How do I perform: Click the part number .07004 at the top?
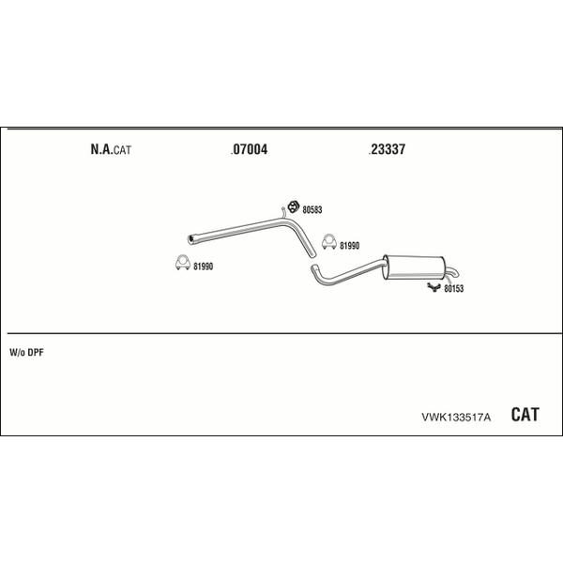[x=250, y=149]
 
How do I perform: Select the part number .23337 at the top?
[x=387, y=149]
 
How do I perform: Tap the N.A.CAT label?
[x=111, y=149]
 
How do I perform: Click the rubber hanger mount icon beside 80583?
[x=294, y=206]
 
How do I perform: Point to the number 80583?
[x=312, y=209]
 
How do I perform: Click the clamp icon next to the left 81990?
[x=183, y=263]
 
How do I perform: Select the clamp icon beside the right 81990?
[x=329, y=242]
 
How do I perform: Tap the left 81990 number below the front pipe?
[x=204, y=266]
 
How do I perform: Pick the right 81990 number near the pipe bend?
[x=349, y=246]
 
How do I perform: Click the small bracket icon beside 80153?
[x=434, y=287]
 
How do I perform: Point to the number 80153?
[x=454, y=289]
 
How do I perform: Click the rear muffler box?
[x=414, y=267]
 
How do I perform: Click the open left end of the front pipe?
[x=190, y=240]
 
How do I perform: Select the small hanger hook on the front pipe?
[x=283, y=212]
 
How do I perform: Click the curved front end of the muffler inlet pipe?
[x=313, y=267]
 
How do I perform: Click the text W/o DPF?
[x=26, y=353]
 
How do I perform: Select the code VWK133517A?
[x=456, y=417]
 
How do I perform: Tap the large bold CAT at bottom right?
[x=525, y=415]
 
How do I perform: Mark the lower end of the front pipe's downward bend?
[x=312, y=254]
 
